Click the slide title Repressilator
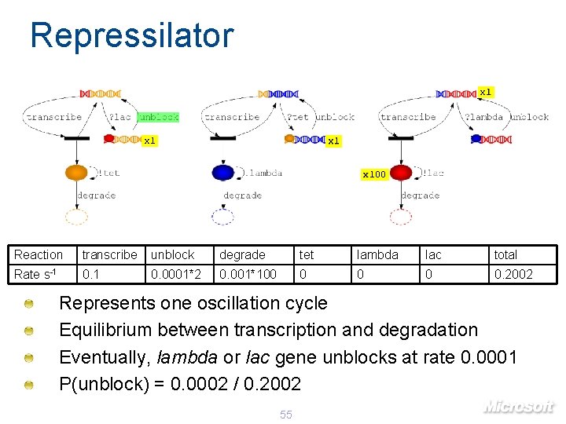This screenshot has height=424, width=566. (131, 36)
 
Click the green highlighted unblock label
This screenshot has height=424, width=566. (158, 117)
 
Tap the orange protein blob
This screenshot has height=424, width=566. (76, 172)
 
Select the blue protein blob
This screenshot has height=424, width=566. (223, 172)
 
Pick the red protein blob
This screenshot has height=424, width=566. (401, 172)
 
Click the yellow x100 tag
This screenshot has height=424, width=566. (373, 174)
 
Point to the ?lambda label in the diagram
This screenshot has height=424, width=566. (483, 117)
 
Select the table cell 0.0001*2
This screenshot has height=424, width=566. (176, 274)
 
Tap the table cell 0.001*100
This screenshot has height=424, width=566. (248, 274)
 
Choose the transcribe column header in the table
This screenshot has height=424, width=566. (109, 254)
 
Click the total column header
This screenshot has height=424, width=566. (505, 254)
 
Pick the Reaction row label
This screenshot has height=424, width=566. (38, 254)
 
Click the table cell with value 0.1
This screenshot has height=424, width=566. (91, 274)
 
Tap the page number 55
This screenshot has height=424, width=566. (285, 415)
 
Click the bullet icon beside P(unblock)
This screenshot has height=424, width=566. (28, 385)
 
